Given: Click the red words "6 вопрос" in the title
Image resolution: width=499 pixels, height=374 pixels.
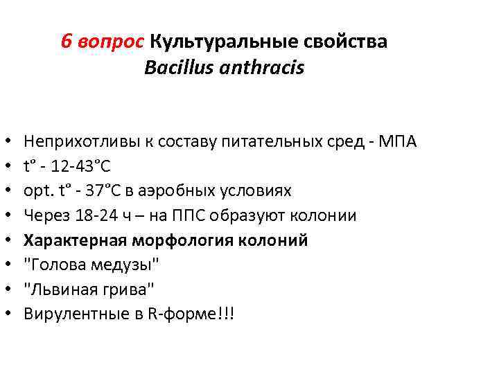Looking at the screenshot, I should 102,42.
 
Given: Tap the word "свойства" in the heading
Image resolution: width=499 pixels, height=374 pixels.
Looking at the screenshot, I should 346,42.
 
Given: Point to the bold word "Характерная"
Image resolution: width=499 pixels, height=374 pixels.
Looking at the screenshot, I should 73,240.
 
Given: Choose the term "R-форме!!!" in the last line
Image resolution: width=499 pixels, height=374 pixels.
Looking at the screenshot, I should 200,314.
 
